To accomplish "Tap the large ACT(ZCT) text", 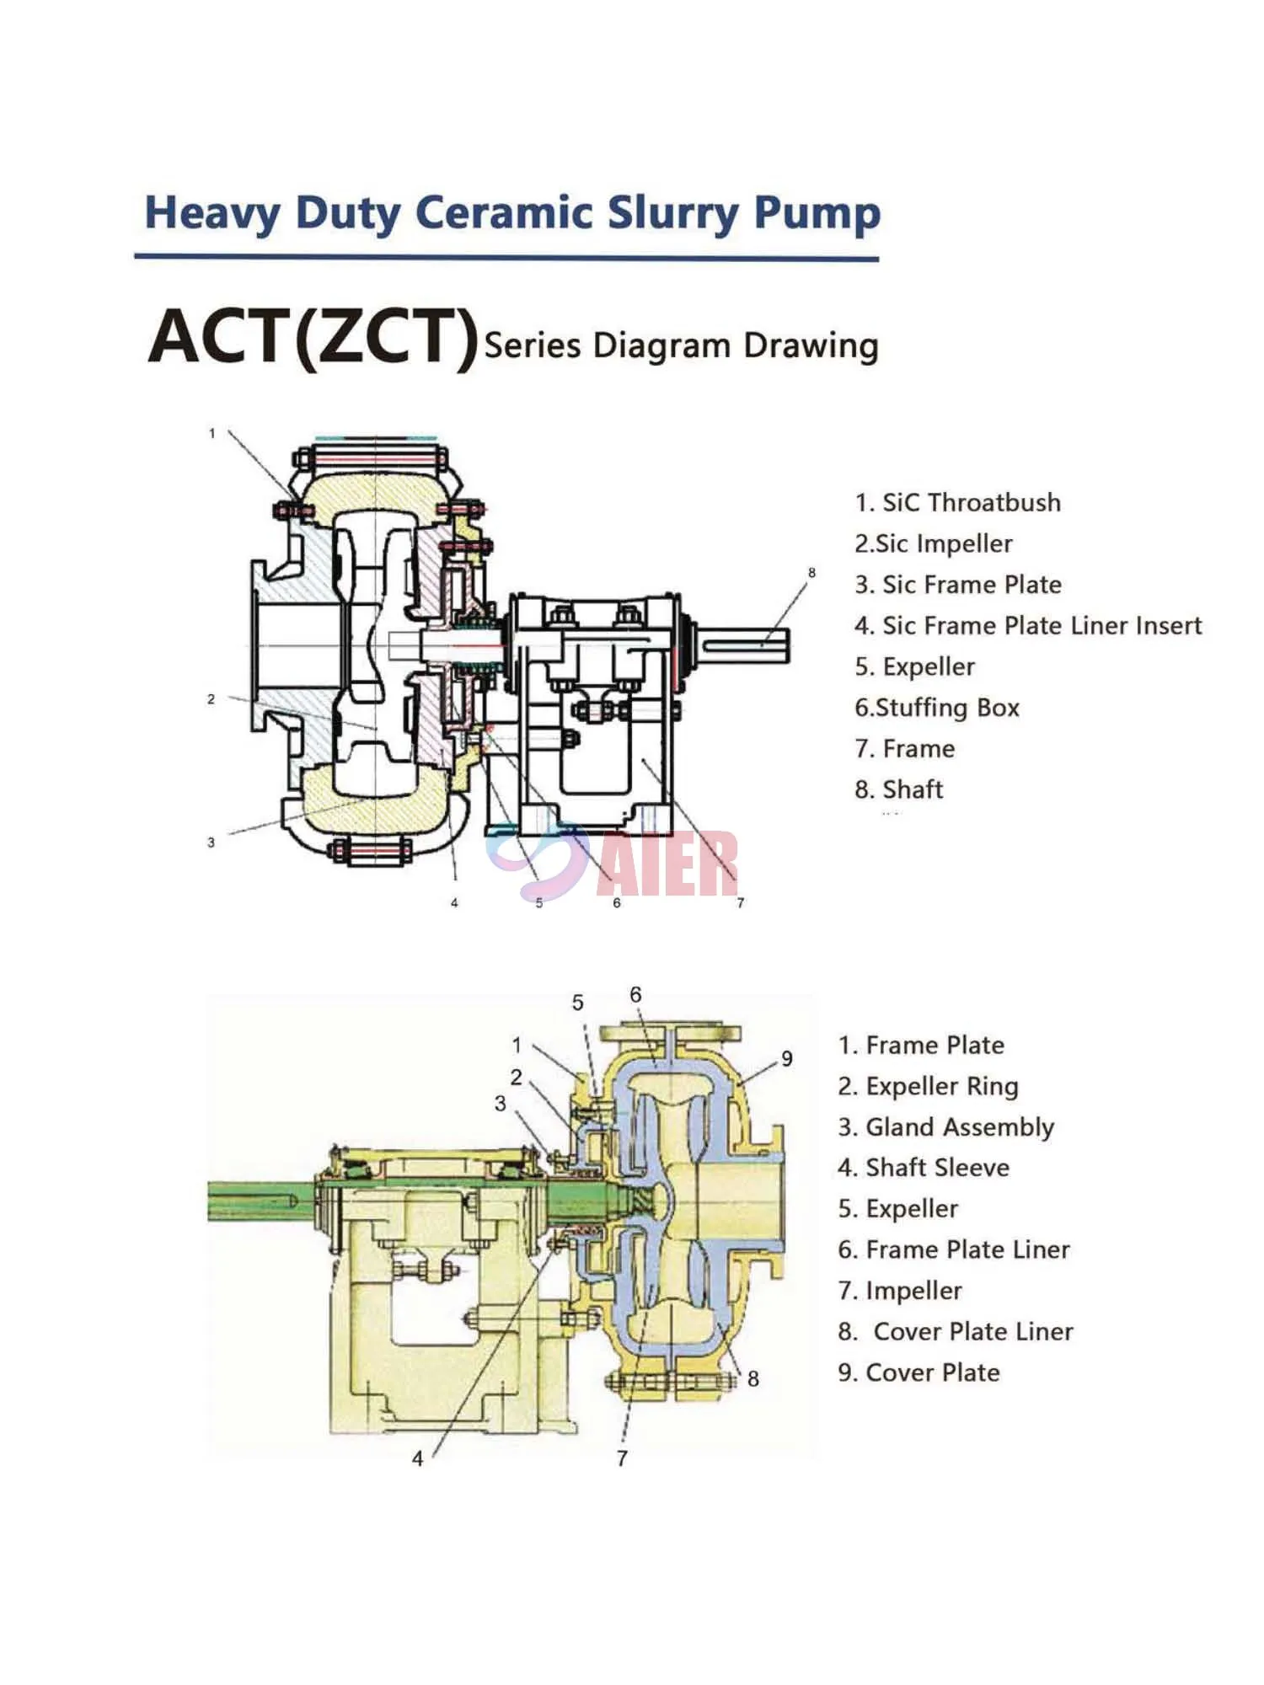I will point(313,336).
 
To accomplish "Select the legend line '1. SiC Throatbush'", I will point(957,503).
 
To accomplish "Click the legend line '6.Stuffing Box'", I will point(936,708).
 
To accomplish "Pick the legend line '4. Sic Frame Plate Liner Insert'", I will point(1027,626).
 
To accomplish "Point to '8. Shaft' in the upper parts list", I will point(898,789).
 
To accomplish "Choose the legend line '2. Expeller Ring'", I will point(928,1086).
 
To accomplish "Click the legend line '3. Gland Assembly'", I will point(945,1127).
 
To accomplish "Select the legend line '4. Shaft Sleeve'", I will point(924,1168).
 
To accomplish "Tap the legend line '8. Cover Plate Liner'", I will point(956,1332).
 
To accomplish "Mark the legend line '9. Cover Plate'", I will point(919,1372).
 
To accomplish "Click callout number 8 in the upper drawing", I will point(811,573).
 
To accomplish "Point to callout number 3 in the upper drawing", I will point(211,842).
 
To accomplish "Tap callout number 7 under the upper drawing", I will point(740,903).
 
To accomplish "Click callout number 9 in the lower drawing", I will point(786,1059).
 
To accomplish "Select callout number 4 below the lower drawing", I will point(417,1458).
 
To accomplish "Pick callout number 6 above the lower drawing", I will point(635,995).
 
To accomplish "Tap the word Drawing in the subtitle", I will point(811,346).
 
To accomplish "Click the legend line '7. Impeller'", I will point(899,1291).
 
